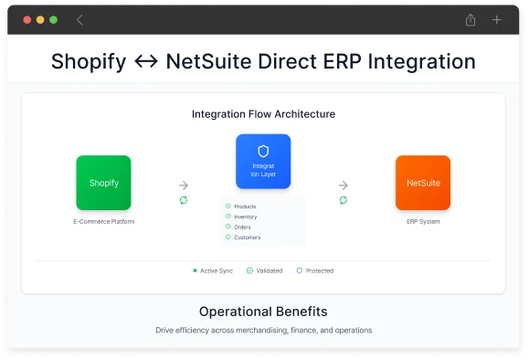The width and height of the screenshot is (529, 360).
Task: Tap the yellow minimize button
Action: [x=39, y=19]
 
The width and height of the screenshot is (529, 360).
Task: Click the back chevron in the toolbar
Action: [x=79, y=19]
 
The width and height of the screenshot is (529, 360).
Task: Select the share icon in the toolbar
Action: [x=471, y=19]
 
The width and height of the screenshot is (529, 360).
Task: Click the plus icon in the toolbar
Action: [x=497, y=19]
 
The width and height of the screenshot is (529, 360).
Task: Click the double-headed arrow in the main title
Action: [x=145, y=62]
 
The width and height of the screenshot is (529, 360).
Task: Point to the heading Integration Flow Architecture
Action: [x=263, y=114]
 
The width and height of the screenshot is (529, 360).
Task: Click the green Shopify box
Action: [x=103, y=183]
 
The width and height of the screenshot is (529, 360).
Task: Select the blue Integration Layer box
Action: [x=263, y=162]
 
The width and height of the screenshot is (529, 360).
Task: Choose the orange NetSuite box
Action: [x=423, y=183]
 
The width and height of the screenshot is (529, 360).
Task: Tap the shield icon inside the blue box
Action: [x=263, y=151]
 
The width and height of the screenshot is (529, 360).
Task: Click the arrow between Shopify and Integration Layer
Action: [x=184, y=184]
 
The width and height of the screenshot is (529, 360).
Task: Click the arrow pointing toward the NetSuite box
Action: [x=344, y=184]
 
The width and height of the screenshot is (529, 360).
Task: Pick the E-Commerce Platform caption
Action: [x=103, y=222]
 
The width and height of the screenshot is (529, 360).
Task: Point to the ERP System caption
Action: [x=423, y=222]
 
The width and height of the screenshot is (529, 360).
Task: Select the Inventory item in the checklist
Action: [x=245, y=217]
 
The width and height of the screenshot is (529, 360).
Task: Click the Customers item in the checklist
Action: [x=247, y=238]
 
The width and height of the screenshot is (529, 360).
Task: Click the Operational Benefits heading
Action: [x=263, y=312]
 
